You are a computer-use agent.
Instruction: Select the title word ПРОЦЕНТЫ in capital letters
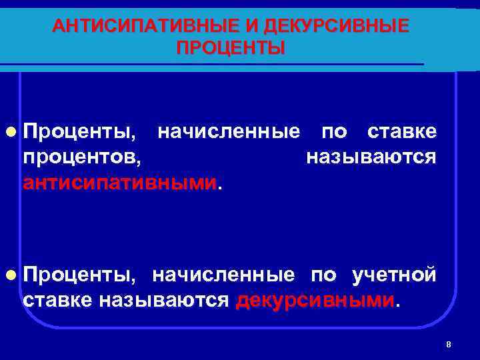point(231,48)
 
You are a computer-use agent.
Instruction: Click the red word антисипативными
point(120,182)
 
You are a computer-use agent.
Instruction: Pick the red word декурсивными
point(315,300)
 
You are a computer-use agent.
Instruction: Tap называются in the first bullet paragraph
point(371,157)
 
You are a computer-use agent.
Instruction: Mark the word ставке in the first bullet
point(402,131)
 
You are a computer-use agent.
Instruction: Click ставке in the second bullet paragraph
point(57,300)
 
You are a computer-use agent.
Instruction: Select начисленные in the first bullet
point(228,131)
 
